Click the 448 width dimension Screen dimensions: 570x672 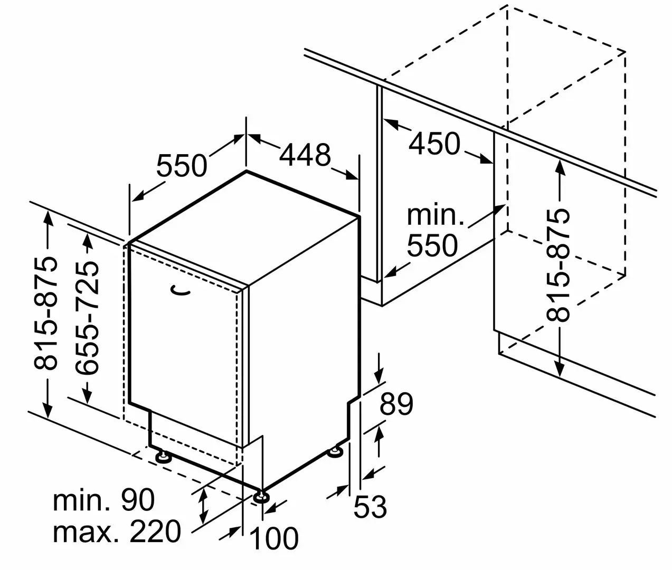tap(305, 155)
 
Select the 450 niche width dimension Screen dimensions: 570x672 tap(434, 144)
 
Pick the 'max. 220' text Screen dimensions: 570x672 tap(117, 531)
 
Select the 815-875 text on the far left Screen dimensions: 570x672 tap(44, 314)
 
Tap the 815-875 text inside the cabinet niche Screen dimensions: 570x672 tap(559, 265)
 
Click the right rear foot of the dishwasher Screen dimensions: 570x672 tap(335, 452)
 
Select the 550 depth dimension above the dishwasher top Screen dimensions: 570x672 tap(182, 165)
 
